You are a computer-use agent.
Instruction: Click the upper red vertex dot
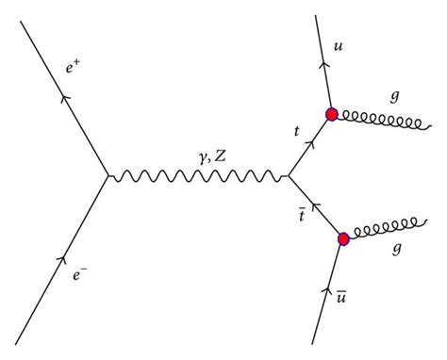(x=332, y=114)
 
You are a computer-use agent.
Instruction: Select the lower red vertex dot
(x=343, y=238)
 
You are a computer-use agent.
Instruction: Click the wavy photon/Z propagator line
(x=198, y=176)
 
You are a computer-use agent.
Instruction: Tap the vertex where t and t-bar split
(x=289, y=175)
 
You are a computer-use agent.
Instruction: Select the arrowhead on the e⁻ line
(x=63, y=256)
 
